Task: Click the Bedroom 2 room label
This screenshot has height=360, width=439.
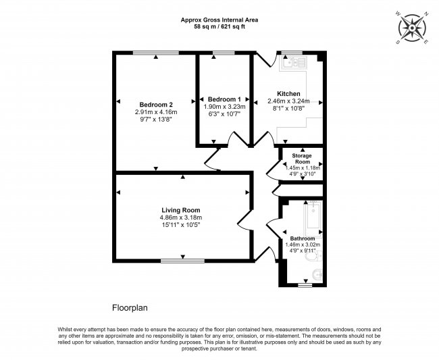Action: pos(156,105)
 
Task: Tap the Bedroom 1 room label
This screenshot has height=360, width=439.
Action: pos(224,99)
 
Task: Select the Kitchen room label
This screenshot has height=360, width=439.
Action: pos(288,94)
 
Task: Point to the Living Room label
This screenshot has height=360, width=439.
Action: pos(181,210)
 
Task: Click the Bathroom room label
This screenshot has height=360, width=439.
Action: pos(303,238)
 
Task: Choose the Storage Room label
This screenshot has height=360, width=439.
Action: pos(302,159)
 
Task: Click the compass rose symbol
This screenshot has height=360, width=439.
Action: pos(412,28)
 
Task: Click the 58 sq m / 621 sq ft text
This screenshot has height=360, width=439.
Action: pos(219,27)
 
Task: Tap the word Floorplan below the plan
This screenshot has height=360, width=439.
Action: pos(130,308)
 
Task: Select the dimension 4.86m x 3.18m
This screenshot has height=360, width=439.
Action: pos(181,217)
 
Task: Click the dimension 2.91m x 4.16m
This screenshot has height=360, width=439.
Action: pos(156,112)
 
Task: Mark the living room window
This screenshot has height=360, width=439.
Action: pos(182,261)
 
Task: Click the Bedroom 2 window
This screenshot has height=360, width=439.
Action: pos(155,53)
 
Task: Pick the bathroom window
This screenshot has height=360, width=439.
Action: pos(305,285)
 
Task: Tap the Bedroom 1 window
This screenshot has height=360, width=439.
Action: pos(224,53)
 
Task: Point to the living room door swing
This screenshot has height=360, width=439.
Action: pos(244,220)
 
